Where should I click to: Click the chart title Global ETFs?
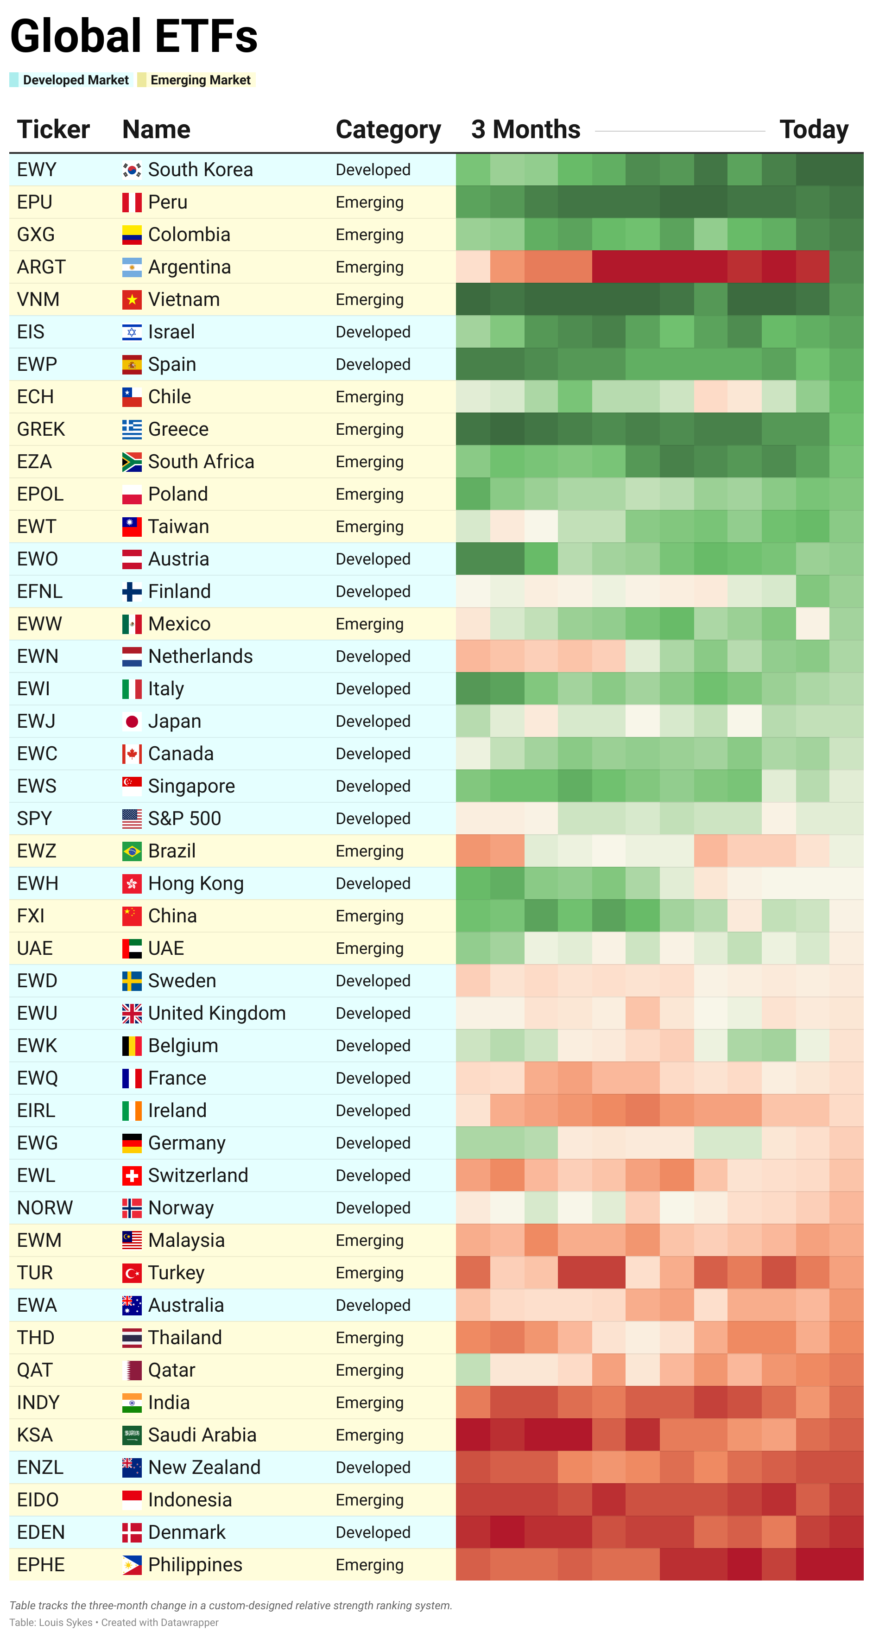133,36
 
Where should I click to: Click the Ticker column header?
53,130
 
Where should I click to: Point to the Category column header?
388,130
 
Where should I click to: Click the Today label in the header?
813,130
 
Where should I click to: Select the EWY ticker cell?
37,170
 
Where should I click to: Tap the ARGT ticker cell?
41,267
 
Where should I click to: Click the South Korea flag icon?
132,170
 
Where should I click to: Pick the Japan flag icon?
132,721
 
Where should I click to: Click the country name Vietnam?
184,299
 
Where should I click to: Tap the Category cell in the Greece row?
369,429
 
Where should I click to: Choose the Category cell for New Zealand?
373,1467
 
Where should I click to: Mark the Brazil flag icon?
132,851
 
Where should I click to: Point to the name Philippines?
195,1564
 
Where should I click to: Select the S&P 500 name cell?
184,819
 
